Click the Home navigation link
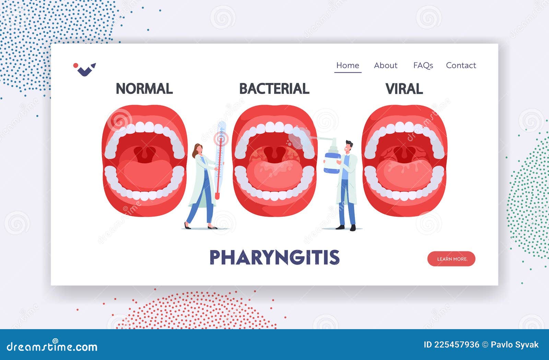click(x=348, y=65)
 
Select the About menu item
click(x=386, y=65)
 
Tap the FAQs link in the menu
click(x=423, y=65)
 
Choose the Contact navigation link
click(x=461, y=65)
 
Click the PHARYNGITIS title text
click(x=274, y=257)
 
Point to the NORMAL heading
click(x=144, y=89)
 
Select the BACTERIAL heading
click(x=274, y=89)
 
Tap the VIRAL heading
click(x=404, y=89)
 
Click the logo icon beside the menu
click(x=85, y=69)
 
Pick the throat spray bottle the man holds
click(x=332, y=161)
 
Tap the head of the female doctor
click(x=198, y=149)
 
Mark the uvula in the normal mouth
click(x=144, y=155)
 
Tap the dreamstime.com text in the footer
click(x=52, y=347)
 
